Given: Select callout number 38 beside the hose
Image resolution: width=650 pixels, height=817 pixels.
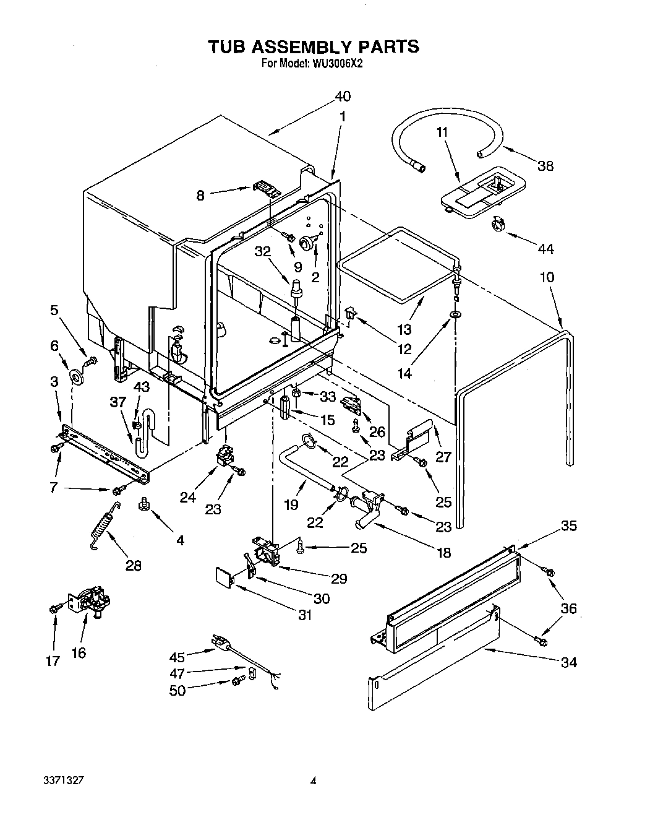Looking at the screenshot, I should (x=545, y=165).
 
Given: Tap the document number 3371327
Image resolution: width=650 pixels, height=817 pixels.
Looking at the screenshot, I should (x=60, y=781).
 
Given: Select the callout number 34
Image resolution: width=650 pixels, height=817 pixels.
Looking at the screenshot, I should (x=568, y=662).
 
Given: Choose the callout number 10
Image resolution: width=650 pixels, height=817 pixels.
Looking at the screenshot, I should (x=547, y=277).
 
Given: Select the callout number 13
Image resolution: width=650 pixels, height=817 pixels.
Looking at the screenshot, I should (x=404, y=329).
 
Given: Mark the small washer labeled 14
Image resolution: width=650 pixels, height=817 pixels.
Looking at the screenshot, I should (x=455, y=315).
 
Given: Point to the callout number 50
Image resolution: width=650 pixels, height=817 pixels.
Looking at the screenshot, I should (x=177, y=690).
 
